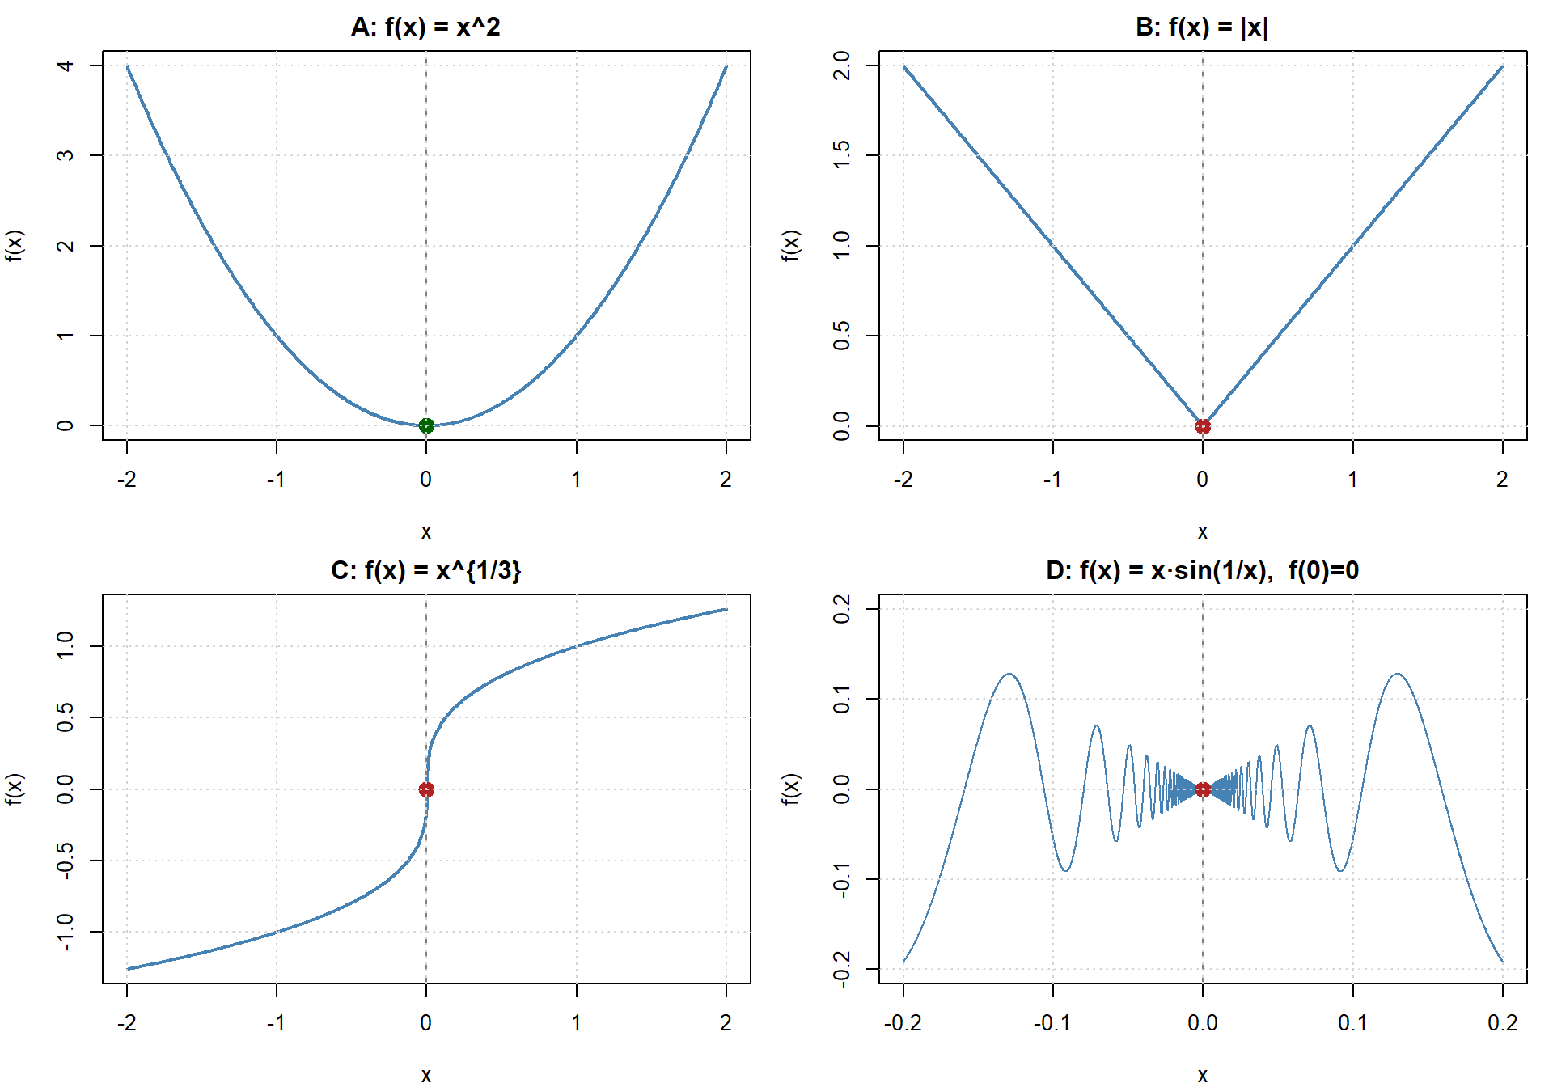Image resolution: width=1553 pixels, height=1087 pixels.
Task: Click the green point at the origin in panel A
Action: point(426,425)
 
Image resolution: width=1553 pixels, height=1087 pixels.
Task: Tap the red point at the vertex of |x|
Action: point(1203,426)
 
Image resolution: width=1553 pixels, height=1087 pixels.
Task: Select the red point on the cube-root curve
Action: point(426,789)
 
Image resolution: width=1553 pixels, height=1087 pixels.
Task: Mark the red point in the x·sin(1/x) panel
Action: point(1203,789)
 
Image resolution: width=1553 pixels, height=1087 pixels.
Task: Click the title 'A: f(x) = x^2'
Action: point(425,27)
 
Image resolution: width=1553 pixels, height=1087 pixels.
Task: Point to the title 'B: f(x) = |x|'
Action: point(1202,27)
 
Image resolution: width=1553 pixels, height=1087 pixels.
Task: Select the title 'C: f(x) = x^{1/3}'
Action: point(425,571)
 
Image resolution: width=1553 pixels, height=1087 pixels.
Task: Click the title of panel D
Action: point(1202,571)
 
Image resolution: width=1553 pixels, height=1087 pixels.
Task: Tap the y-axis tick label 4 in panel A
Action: point(66,66)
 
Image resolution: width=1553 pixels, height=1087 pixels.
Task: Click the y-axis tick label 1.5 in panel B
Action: point(841,154)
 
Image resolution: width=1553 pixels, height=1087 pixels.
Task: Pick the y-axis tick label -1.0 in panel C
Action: point(66,932)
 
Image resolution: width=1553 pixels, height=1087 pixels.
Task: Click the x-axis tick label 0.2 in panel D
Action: point(1502,1023)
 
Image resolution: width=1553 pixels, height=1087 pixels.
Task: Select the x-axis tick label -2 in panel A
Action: point(126,480)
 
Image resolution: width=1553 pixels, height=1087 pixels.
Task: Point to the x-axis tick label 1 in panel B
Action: point(1352,480)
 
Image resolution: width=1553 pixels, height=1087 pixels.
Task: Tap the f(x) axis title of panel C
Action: point(15,789)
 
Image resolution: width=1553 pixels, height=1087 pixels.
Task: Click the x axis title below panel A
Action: point(426,532)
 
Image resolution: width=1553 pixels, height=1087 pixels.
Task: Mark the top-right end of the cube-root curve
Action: point(726,609)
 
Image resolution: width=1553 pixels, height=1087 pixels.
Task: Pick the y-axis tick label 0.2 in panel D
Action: point(841,608)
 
